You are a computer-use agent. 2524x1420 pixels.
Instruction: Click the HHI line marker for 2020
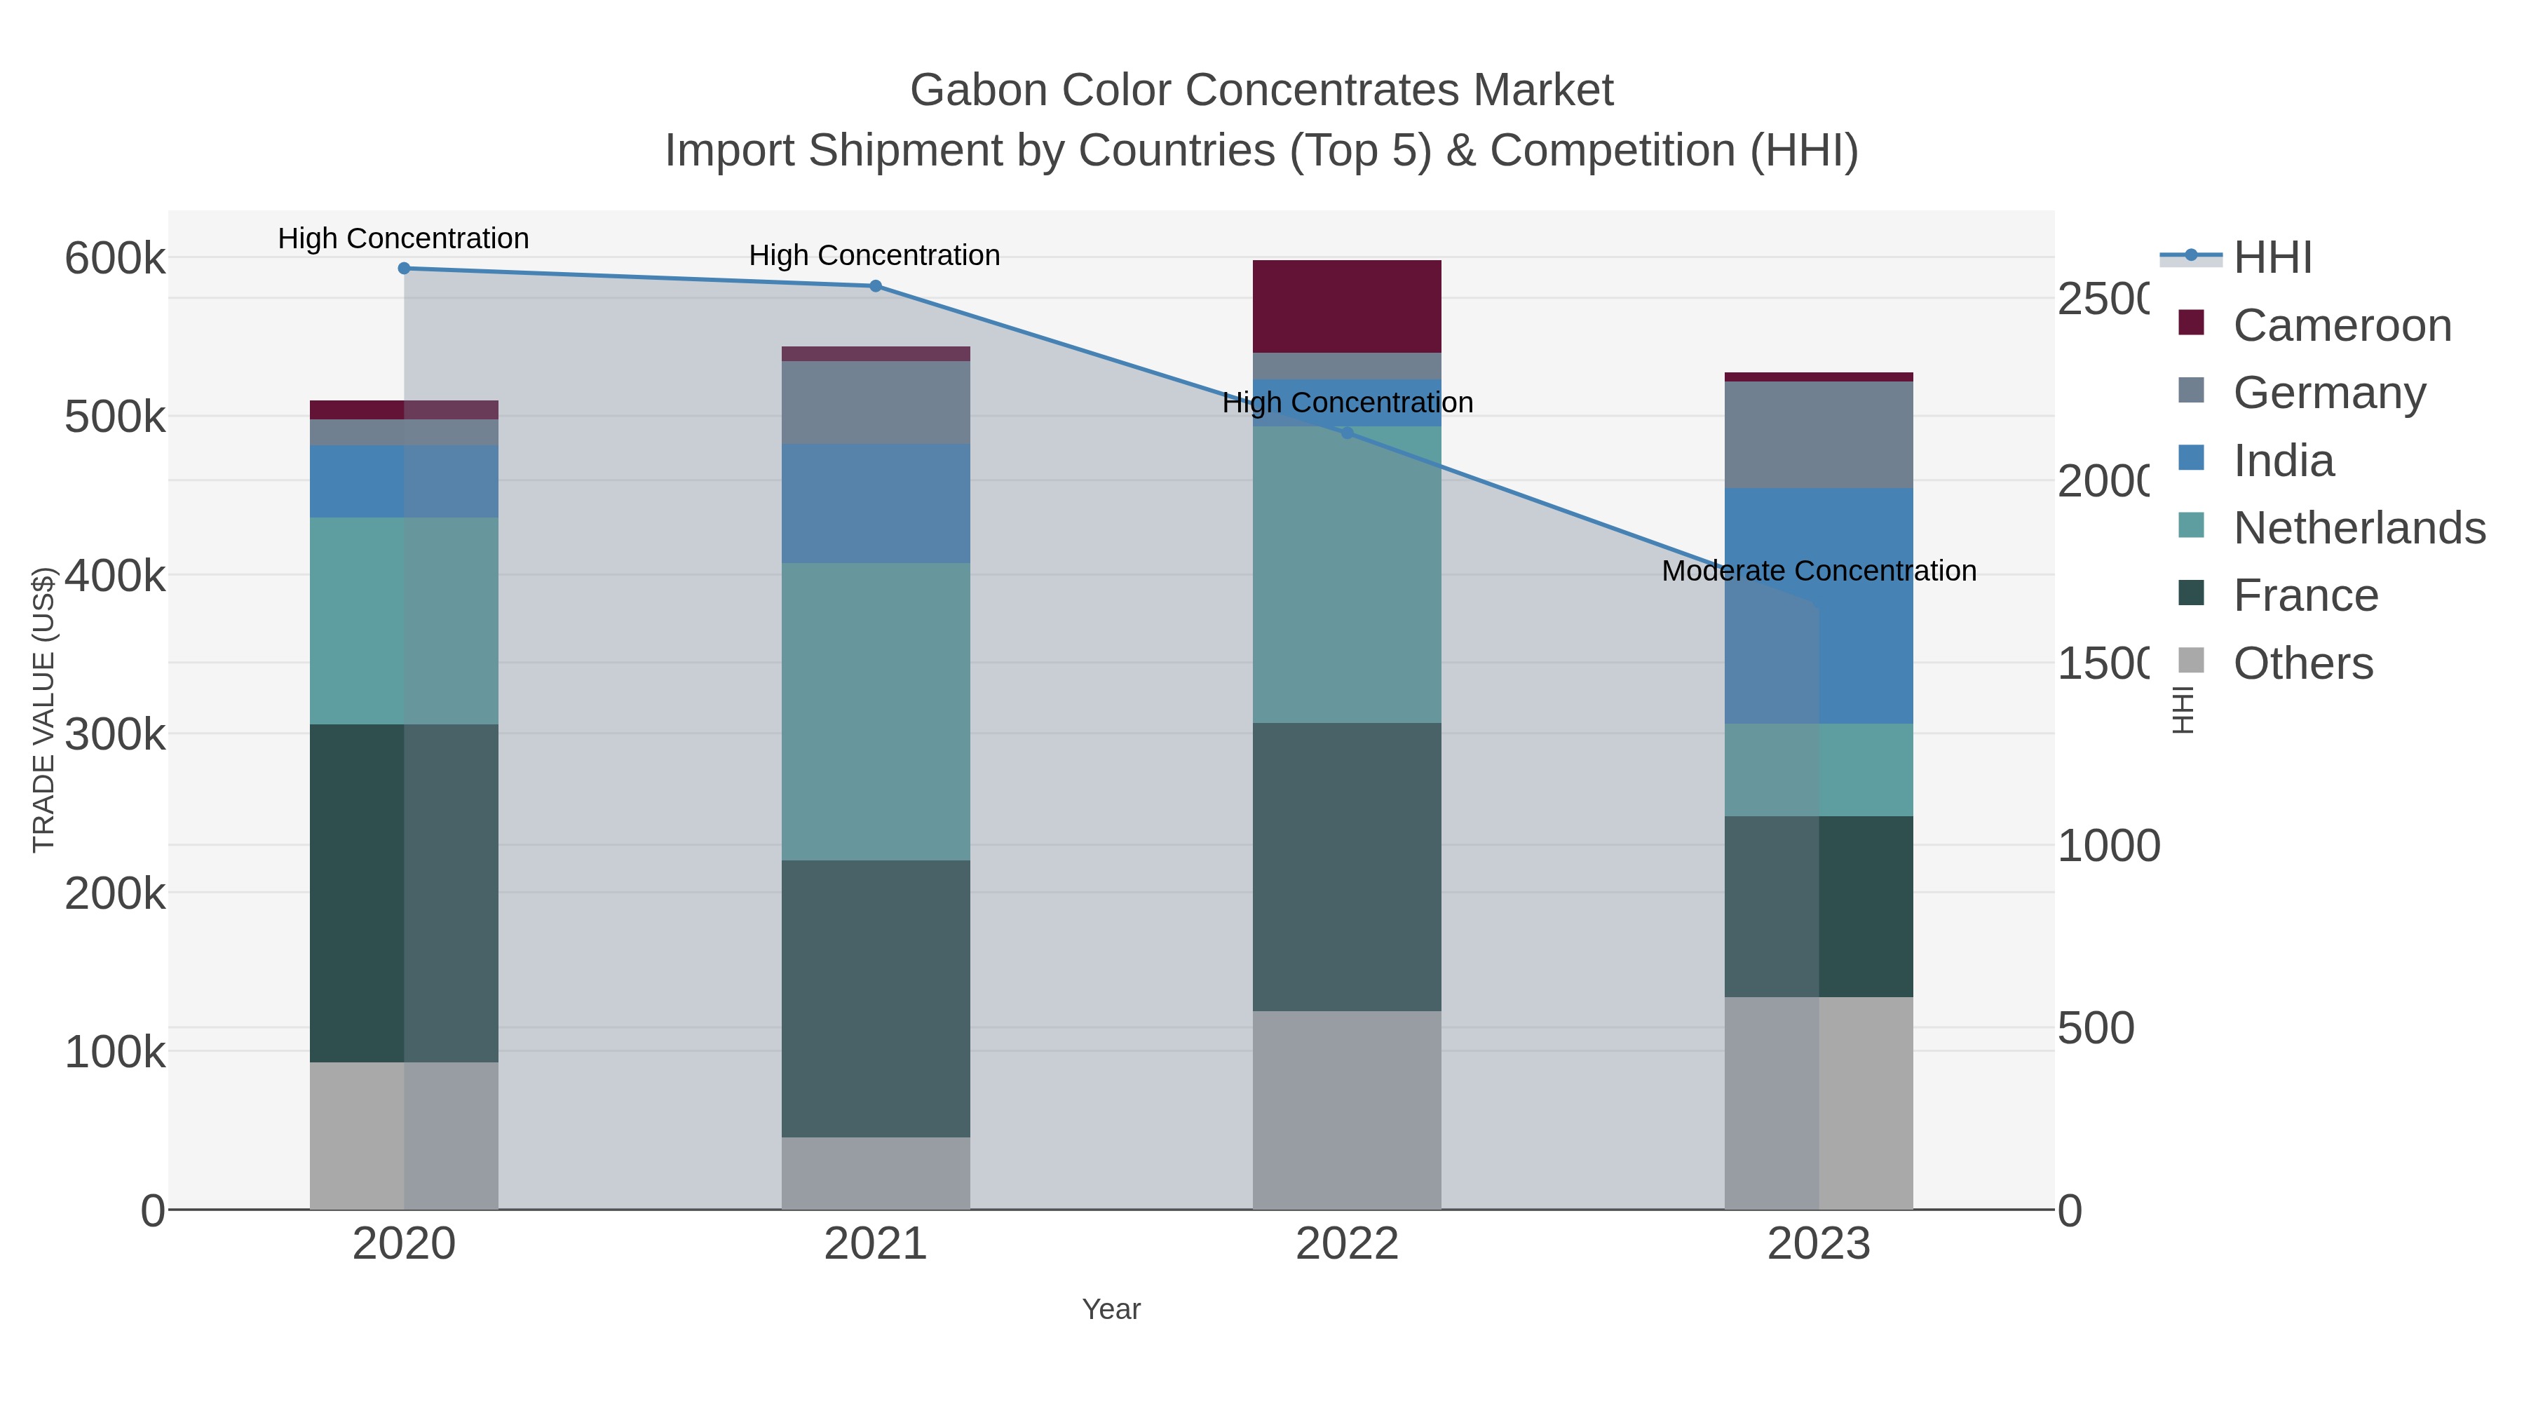pos(404,269)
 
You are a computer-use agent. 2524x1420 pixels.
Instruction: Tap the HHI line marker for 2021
pos(876,286)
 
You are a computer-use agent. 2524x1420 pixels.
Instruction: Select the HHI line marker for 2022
pos(1348,432)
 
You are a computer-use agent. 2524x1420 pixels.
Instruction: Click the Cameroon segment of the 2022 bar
pos(1348,306)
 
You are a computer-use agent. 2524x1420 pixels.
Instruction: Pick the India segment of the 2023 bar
pos(1819,606)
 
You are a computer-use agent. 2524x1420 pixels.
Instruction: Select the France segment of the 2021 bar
pos(876,999)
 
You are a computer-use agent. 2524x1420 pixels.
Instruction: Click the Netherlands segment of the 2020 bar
pos(404,621)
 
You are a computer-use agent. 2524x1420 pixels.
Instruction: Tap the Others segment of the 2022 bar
pos(1348,1110)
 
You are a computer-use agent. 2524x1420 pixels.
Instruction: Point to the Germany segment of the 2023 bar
pos(1819,435)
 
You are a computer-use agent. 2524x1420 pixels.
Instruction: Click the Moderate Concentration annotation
pos(1819,572)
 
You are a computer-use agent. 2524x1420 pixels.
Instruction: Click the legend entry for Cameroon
pos(2342,325)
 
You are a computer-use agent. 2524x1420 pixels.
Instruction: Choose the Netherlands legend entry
pos(2359,528)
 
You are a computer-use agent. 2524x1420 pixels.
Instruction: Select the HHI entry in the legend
pos(2272,258)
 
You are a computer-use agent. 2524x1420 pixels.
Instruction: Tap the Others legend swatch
pos(2191,661)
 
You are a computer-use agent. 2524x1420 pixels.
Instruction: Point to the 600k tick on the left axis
pos(115,259)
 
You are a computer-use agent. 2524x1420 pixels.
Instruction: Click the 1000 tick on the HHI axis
pos(2108,846)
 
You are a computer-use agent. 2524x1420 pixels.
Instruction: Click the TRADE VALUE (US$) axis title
pos(44,710)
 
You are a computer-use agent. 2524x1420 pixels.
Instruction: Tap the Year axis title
pos(1111,1309)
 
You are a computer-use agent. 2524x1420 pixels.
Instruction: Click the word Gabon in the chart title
pos(976,90)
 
